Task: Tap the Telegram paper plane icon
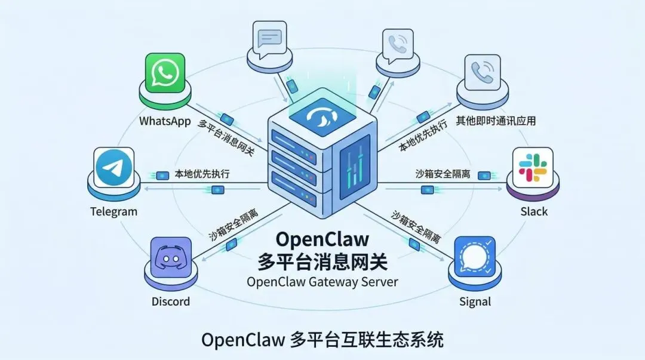pyautogui.click(x=113, y=169)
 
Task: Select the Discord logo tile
pyautogui.click(x=171, y=259)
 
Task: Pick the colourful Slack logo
pyautogui.click(x=533, y=167)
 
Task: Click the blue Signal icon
pyautogui.click(x=475, y=257)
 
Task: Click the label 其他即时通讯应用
pyautogui.click(x=496, y=121)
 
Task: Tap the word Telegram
pyautogui.click(x=113, y=211)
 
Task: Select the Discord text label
pyautogui.click(x=170, y=301)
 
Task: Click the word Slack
pyautogui.click(x=533, y=211)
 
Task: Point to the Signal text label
pyautogui.click(x=475, y=301)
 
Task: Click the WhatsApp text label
pyautogui.click(x=165, y=121)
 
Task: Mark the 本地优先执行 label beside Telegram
pyautogui.click(x=202, y=174)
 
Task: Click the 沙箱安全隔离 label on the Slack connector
pyautogui.click(x=443, y=174)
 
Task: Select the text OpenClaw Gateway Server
pyautogui.click(x=322, y=282)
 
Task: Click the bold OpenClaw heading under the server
pyautogui.click(x=322, y=239)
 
